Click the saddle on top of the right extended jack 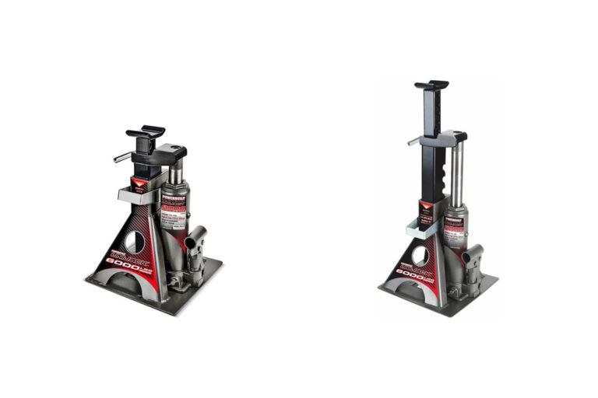point(431,84)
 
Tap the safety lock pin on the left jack point(123,157)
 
